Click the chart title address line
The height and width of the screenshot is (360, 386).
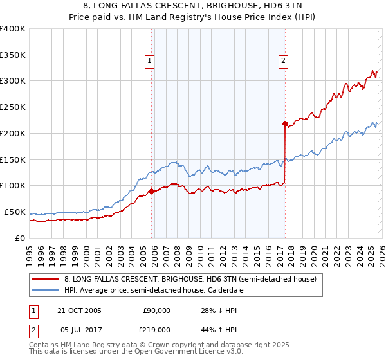coord(193,6)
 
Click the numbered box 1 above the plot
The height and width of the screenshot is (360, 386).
coord(149,61)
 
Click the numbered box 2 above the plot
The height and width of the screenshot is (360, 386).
coord(283,61)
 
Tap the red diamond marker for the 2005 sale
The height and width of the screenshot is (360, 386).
coord(151,191)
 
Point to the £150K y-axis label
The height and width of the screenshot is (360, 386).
coord(14,159)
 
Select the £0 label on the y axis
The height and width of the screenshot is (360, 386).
coord(20,238)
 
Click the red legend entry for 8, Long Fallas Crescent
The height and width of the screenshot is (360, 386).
coord(190,280)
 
